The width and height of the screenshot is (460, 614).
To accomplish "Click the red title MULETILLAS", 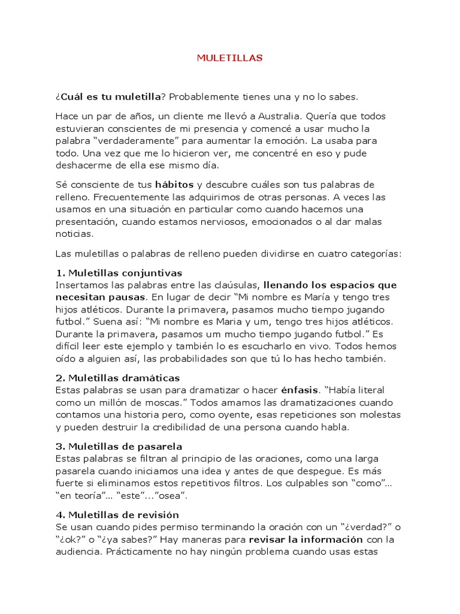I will pos(230,58).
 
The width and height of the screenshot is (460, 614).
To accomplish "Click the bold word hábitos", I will pos(175,183).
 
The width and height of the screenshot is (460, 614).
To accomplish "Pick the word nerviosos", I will pos(258,222).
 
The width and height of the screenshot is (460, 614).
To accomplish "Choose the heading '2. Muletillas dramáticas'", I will pos(117,378).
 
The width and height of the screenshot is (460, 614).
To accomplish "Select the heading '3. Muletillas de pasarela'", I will pos(119,447).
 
